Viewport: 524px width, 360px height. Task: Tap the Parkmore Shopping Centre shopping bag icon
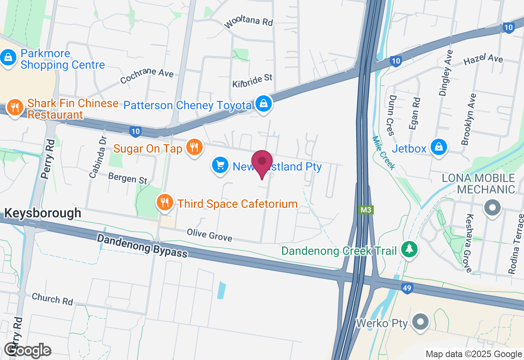[8, 58]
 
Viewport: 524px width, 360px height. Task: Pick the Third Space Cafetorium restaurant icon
[165, 202]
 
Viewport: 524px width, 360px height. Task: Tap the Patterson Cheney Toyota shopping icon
[264, 104]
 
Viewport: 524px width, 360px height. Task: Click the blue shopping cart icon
[220, 166]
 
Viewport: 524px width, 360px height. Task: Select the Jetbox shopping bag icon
[439, 147]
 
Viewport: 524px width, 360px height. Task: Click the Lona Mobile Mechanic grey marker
[492, 208]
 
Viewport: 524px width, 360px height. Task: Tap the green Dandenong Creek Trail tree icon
[409, 249]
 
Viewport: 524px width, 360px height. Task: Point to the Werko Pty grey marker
[420, 322]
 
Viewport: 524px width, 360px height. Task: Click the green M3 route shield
[366, 210]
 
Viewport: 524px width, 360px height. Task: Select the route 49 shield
[407, 288]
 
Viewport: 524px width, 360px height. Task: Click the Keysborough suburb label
[43, 213]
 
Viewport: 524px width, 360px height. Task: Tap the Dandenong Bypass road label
[142, 245]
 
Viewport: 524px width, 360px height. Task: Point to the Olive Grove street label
[209, 235]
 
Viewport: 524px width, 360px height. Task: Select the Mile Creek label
[384, 153]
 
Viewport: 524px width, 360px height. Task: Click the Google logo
[28, 350]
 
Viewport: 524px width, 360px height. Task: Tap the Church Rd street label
[52, 299]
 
